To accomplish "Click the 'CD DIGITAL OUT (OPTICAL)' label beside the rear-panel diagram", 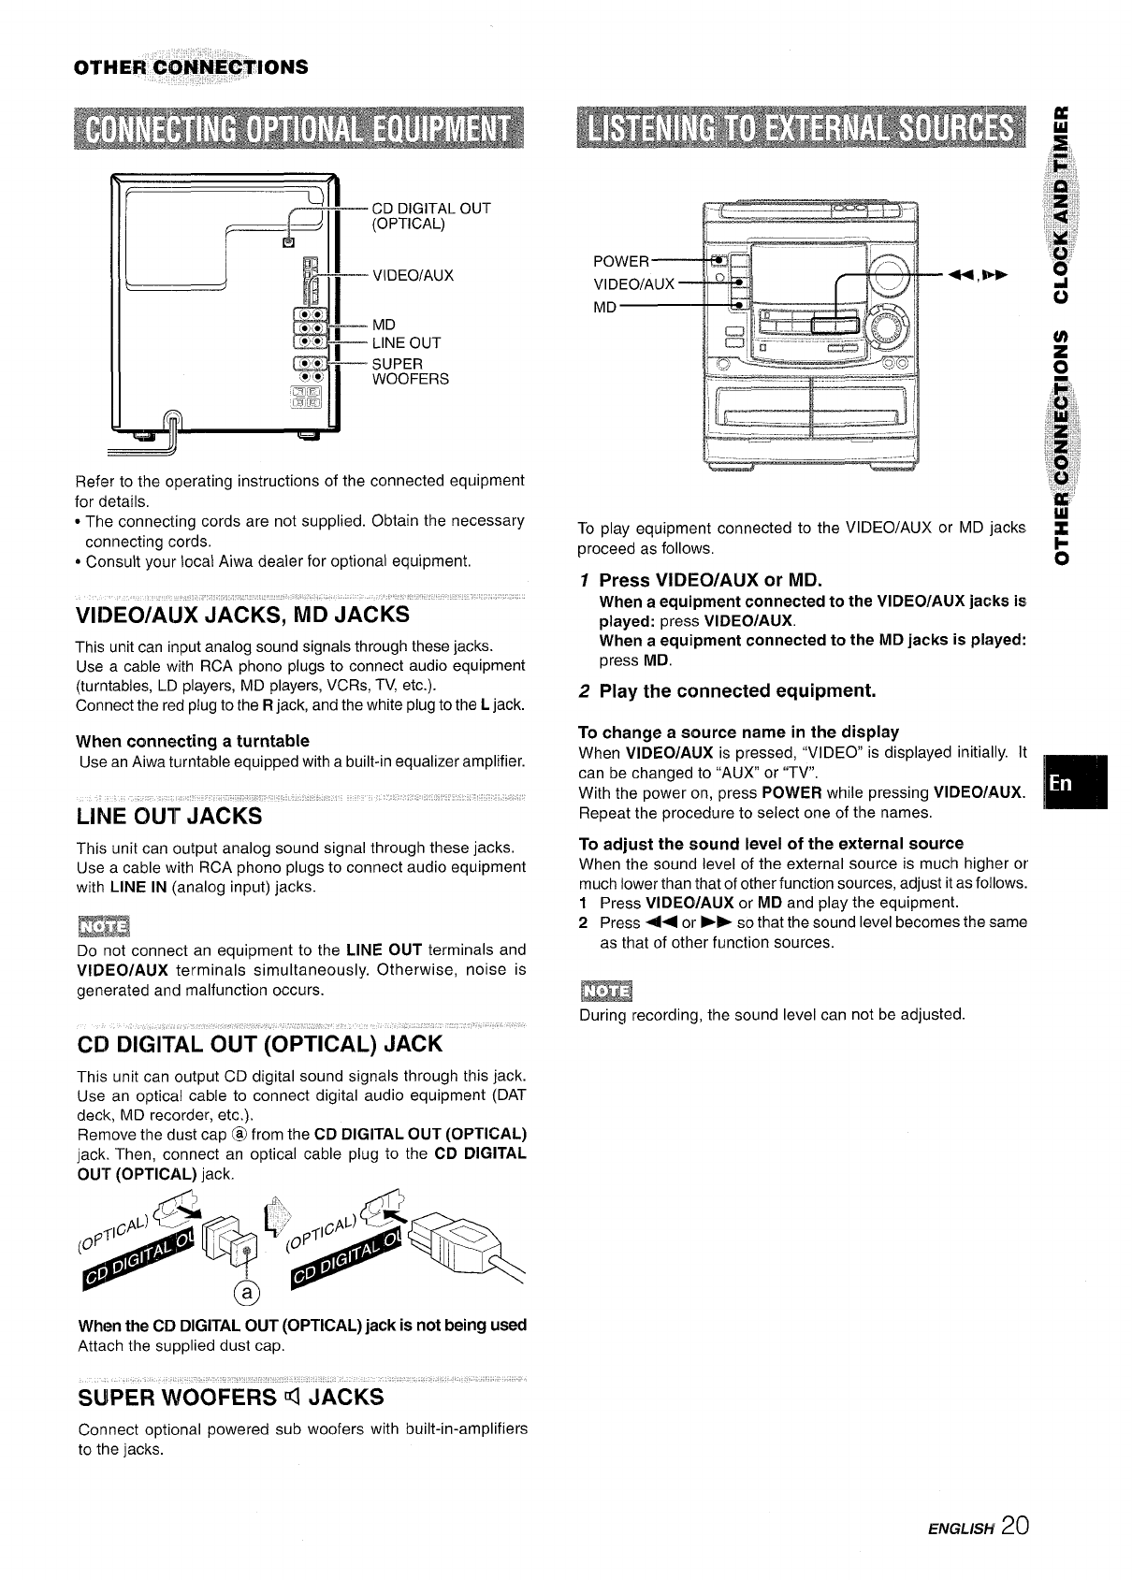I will (430, 216).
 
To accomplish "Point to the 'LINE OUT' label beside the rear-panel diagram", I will (406, 342).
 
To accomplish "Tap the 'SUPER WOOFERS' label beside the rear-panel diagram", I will (410, 370).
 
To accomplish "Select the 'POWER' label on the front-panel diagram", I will (621, 261).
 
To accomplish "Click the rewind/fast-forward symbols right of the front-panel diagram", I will (978, 276).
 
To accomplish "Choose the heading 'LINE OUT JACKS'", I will (169, 816).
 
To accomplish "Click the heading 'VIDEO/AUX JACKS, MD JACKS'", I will (242, 615).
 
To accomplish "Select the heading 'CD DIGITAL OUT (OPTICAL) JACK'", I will (259, 1043).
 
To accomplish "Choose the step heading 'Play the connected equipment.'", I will (737, 691).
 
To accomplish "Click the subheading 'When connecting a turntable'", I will (193, 741).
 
